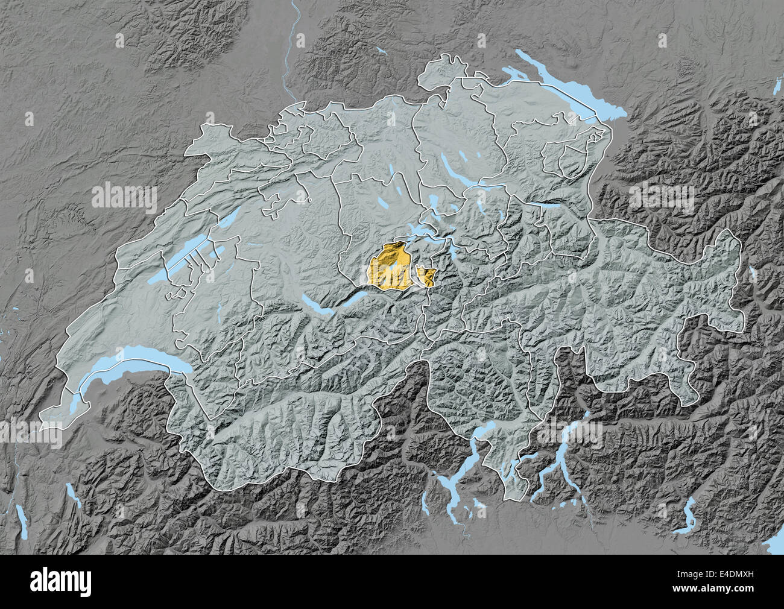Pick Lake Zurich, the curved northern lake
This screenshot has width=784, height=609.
click(458, 163)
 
